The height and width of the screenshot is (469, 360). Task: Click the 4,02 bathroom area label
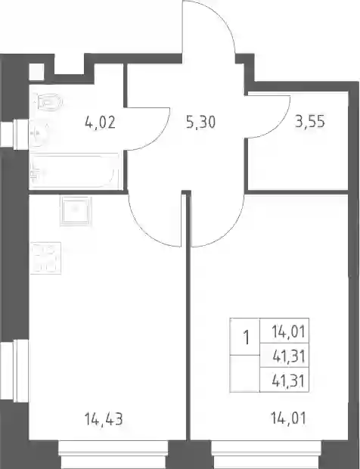[x=100, y=123]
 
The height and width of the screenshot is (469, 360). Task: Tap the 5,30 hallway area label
[x=200, y=123]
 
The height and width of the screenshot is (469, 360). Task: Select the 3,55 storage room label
[x=310, y=122]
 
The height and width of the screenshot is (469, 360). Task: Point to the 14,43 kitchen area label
[x=104, y=419]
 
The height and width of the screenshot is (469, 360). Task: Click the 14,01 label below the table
[x=288, y=418]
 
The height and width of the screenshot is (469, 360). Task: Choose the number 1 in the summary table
[x=247, y=337]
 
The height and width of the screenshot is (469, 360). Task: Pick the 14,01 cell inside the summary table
[x=288, y=332]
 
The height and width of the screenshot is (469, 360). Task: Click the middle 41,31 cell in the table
[x=289, y=356]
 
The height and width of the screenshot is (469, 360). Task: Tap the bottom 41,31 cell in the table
[x=289, y=381]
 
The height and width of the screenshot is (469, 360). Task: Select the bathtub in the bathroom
[x=74, y=171]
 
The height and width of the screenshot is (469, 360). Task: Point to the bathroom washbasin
[x=39, y=134]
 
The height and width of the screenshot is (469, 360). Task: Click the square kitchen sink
[x=76, y=210]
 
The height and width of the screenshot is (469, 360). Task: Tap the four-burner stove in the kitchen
[x=45, y=258]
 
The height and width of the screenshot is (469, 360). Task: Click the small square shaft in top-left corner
[x=36, y=72]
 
